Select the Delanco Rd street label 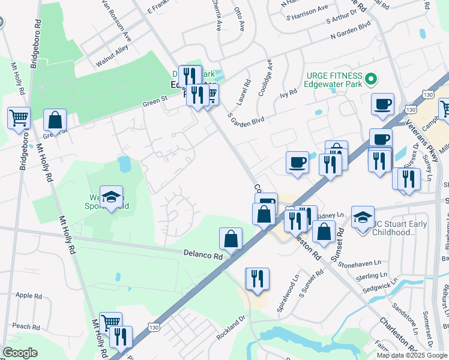pos(202,255)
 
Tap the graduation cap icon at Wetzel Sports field pos(111,197)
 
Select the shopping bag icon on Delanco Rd pos(231,239)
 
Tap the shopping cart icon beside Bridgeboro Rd pos(19,117)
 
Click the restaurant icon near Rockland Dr pos(257,278)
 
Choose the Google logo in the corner pos(20,353)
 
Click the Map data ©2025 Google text pos(412,355)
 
